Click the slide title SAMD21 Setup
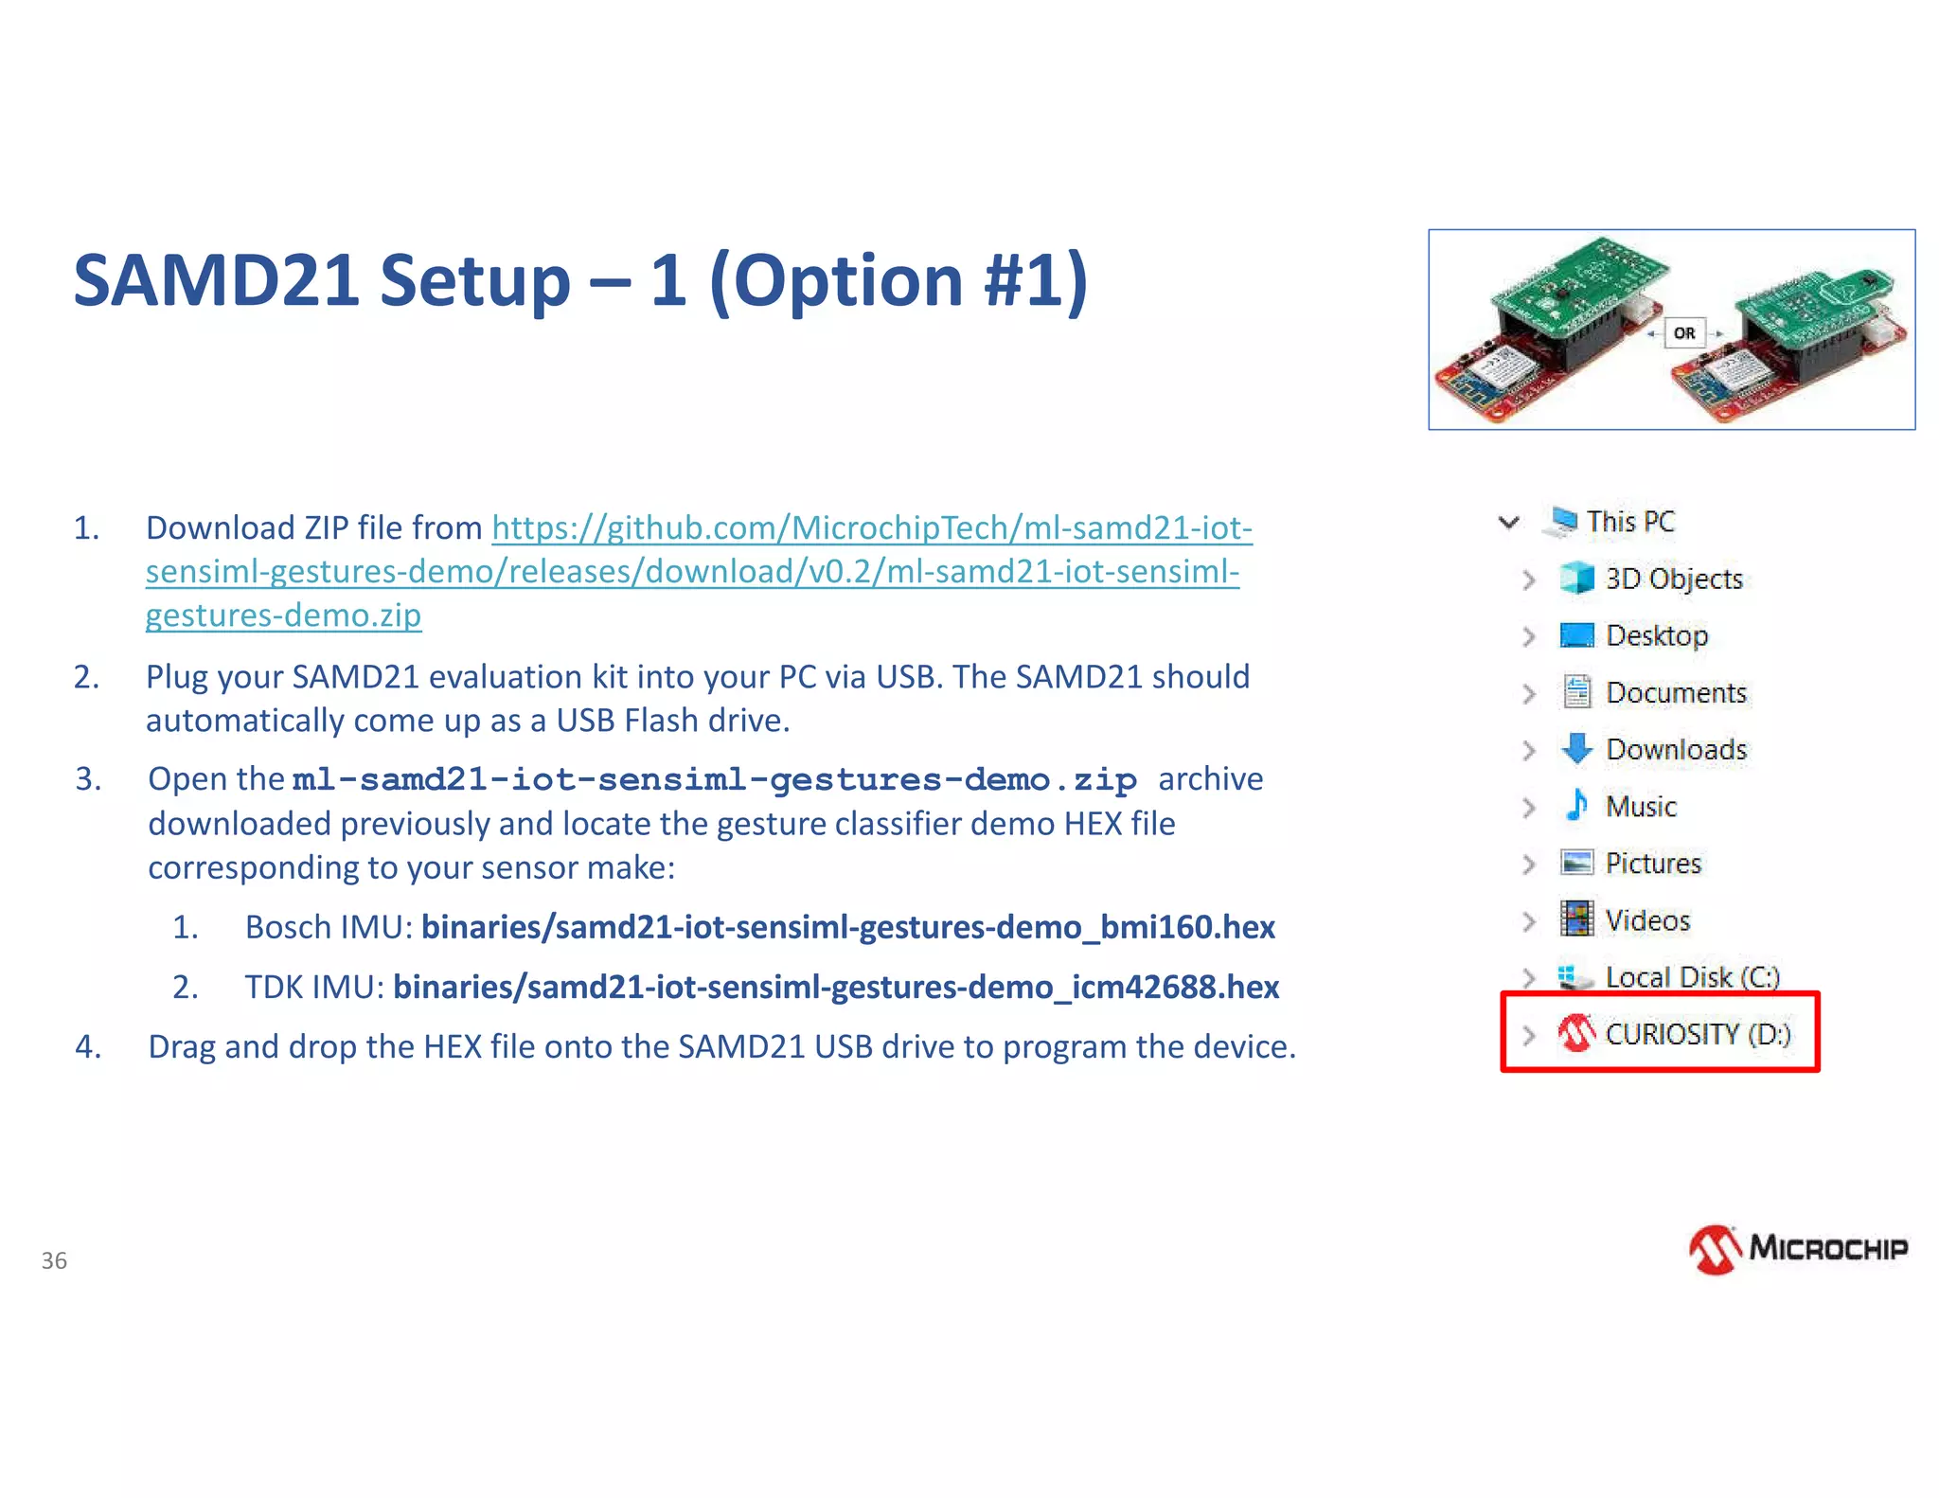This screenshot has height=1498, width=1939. [x=579, y=281]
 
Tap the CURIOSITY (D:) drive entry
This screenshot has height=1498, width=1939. [x=1697, y=1034]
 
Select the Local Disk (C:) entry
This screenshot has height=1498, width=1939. [x=1692, y=976]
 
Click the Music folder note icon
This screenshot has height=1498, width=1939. [x=1576, y=806]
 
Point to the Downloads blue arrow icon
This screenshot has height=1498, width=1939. [x=1576, y=749]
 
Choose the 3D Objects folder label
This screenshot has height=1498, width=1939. [x=1673, y=579]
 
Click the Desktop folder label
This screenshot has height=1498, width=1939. [x=1657, y=635]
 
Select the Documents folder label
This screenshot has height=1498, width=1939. [x=1676, y=692]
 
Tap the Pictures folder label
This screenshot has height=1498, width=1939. [x=1653, y=863]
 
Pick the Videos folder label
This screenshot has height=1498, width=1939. [x=1647, y=919]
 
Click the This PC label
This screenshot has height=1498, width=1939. [x=1630, y=521]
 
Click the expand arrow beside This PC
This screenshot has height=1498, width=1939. [x=1509, y=522]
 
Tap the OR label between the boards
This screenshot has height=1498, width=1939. [x=1684, y=333]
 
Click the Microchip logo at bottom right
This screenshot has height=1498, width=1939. [x=1798, y=1249]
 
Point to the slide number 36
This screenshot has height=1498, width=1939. [x=54, y=1260]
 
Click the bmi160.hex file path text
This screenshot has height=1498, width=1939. [x=847, y=927]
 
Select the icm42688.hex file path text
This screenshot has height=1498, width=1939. [x=835, y=987]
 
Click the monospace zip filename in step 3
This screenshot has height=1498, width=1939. [x=715, y=779]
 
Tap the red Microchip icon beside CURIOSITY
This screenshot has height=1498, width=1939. [x=1576, y=1034]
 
